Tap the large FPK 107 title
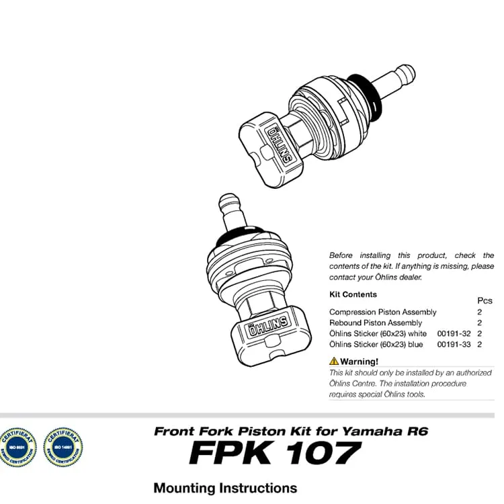coord(275,454)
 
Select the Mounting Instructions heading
coord(225,488)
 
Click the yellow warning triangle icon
coord(334,362)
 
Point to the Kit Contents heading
coord(353,294)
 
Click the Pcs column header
coord(485,301)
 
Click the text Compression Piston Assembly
coord(382,312)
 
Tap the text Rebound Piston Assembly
coord(376,323)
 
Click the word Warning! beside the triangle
coord(359,362)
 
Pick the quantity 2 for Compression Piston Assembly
coord(480,312)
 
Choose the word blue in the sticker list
coord(415,345)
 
